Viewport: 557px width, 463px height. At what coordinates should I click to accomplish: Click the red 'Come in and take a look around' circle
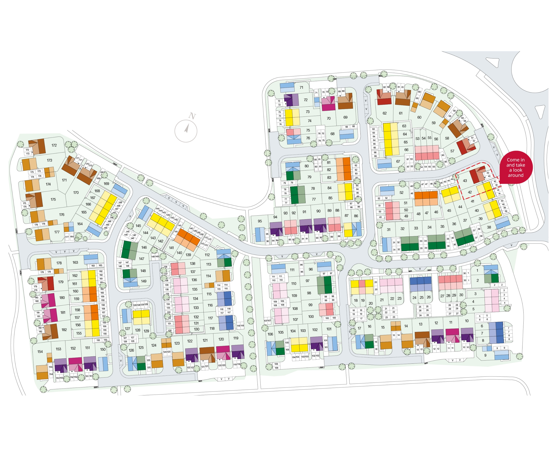pyautogui.click(x=516, y=167)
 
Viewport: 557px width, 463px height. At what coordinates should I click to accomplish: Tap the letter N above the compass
pyautogui.click(x=192, y=116)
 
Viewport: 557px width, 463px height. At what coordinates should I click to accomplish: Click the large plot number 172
pyautogui.click(x=54, y=145)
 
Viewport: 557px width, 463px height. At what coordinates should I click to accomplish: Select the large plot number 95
pyautogui.click(x=260, y=221)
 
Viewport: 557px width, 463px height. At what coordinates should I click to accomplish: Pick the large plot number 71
pyautogui.click(x=301, y=88)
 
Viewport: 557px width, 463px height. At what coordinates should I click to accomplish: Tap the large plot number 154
pyautogui.click(x=40, y=351)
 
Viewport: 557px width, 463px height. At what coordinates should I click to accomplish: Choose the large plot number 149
pyautogui.click(x=144, y=281)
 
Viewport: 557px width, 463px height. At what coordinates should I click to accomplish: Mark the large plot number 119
pyautogui.click(x=236, y=338)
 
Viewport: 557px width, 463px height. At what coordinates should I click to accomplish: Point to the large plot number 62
pyautogui.click(x=385, y=113)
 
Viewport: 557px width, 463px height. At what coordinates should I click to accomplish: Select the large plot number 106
pyautogui.click(x=270, y=334)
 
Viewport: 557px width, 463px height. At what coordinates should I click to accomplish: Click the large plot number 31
pyautogui.click(x=389, y=230)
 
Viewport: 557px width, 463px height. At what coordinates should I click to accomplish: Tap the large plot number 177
pyautogui.click(x=57, y=232)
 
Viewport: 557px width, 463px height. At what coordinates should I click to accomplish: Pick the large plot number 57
pyautogui.click(x=452, y=151)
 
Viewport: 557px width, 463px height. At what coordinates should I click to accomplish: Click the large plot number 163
pyautogui.click(x=75, y=262)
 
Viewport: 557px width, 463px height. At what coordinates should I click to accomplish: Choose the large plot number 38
pyautogui.click(x=489, y=227)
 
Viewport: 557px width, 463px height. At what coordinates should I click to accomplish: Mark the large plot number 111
pyautogui.click(x=292, y=270)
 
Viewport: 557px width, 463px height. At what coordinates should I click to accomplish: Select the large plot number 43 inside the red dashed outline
pyautogui.click(x=465, y=181)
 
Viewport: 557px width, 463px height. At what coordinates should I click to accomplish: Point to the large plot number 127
pyautogui.click(x=128, y=329)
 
